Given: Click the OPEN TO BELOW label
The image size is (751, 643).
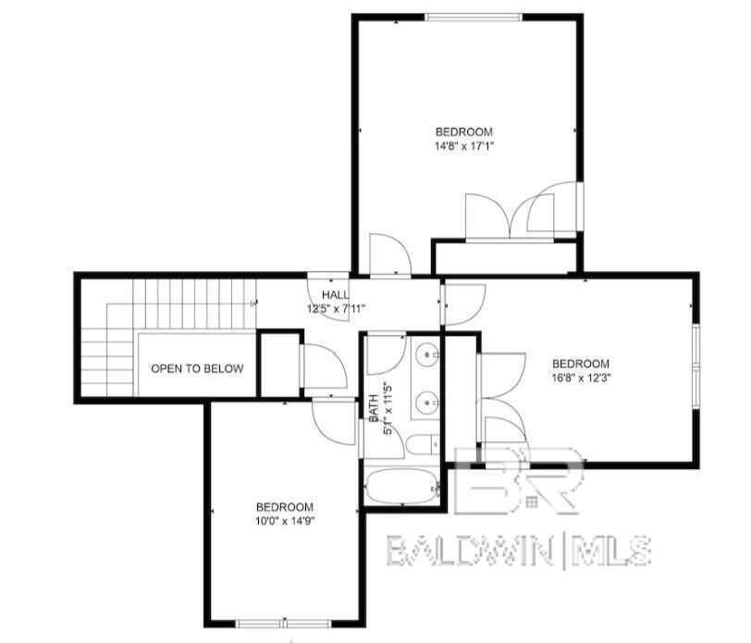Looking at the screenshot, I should pos(197,368).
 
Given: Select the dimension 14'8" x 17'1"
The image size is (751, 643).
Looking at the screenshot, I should pos(463,146).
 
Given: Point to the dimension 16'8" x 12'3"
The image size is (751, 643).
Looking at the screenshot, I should pos(581,377).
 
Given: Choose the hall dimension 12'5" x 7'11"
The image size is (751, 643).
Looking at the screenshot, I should pos(337,308).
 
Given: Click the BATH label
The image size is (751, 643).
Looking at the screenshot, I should pos(375,408).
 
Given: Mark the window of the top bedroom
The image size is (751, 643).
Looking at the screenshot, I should pos(474,16).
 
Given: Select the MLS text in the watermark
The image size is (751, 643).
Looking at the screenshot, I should pos(613,551).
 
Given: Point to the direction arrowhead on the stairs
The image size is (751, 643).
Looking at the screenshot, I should pos(253,303).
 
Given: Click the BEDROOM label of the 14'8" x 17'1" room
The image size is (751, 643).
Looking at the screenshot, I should pos(463,131).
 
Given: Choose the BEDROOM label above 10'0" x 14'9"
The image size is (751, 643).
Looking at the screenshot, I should pos(284,507).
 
